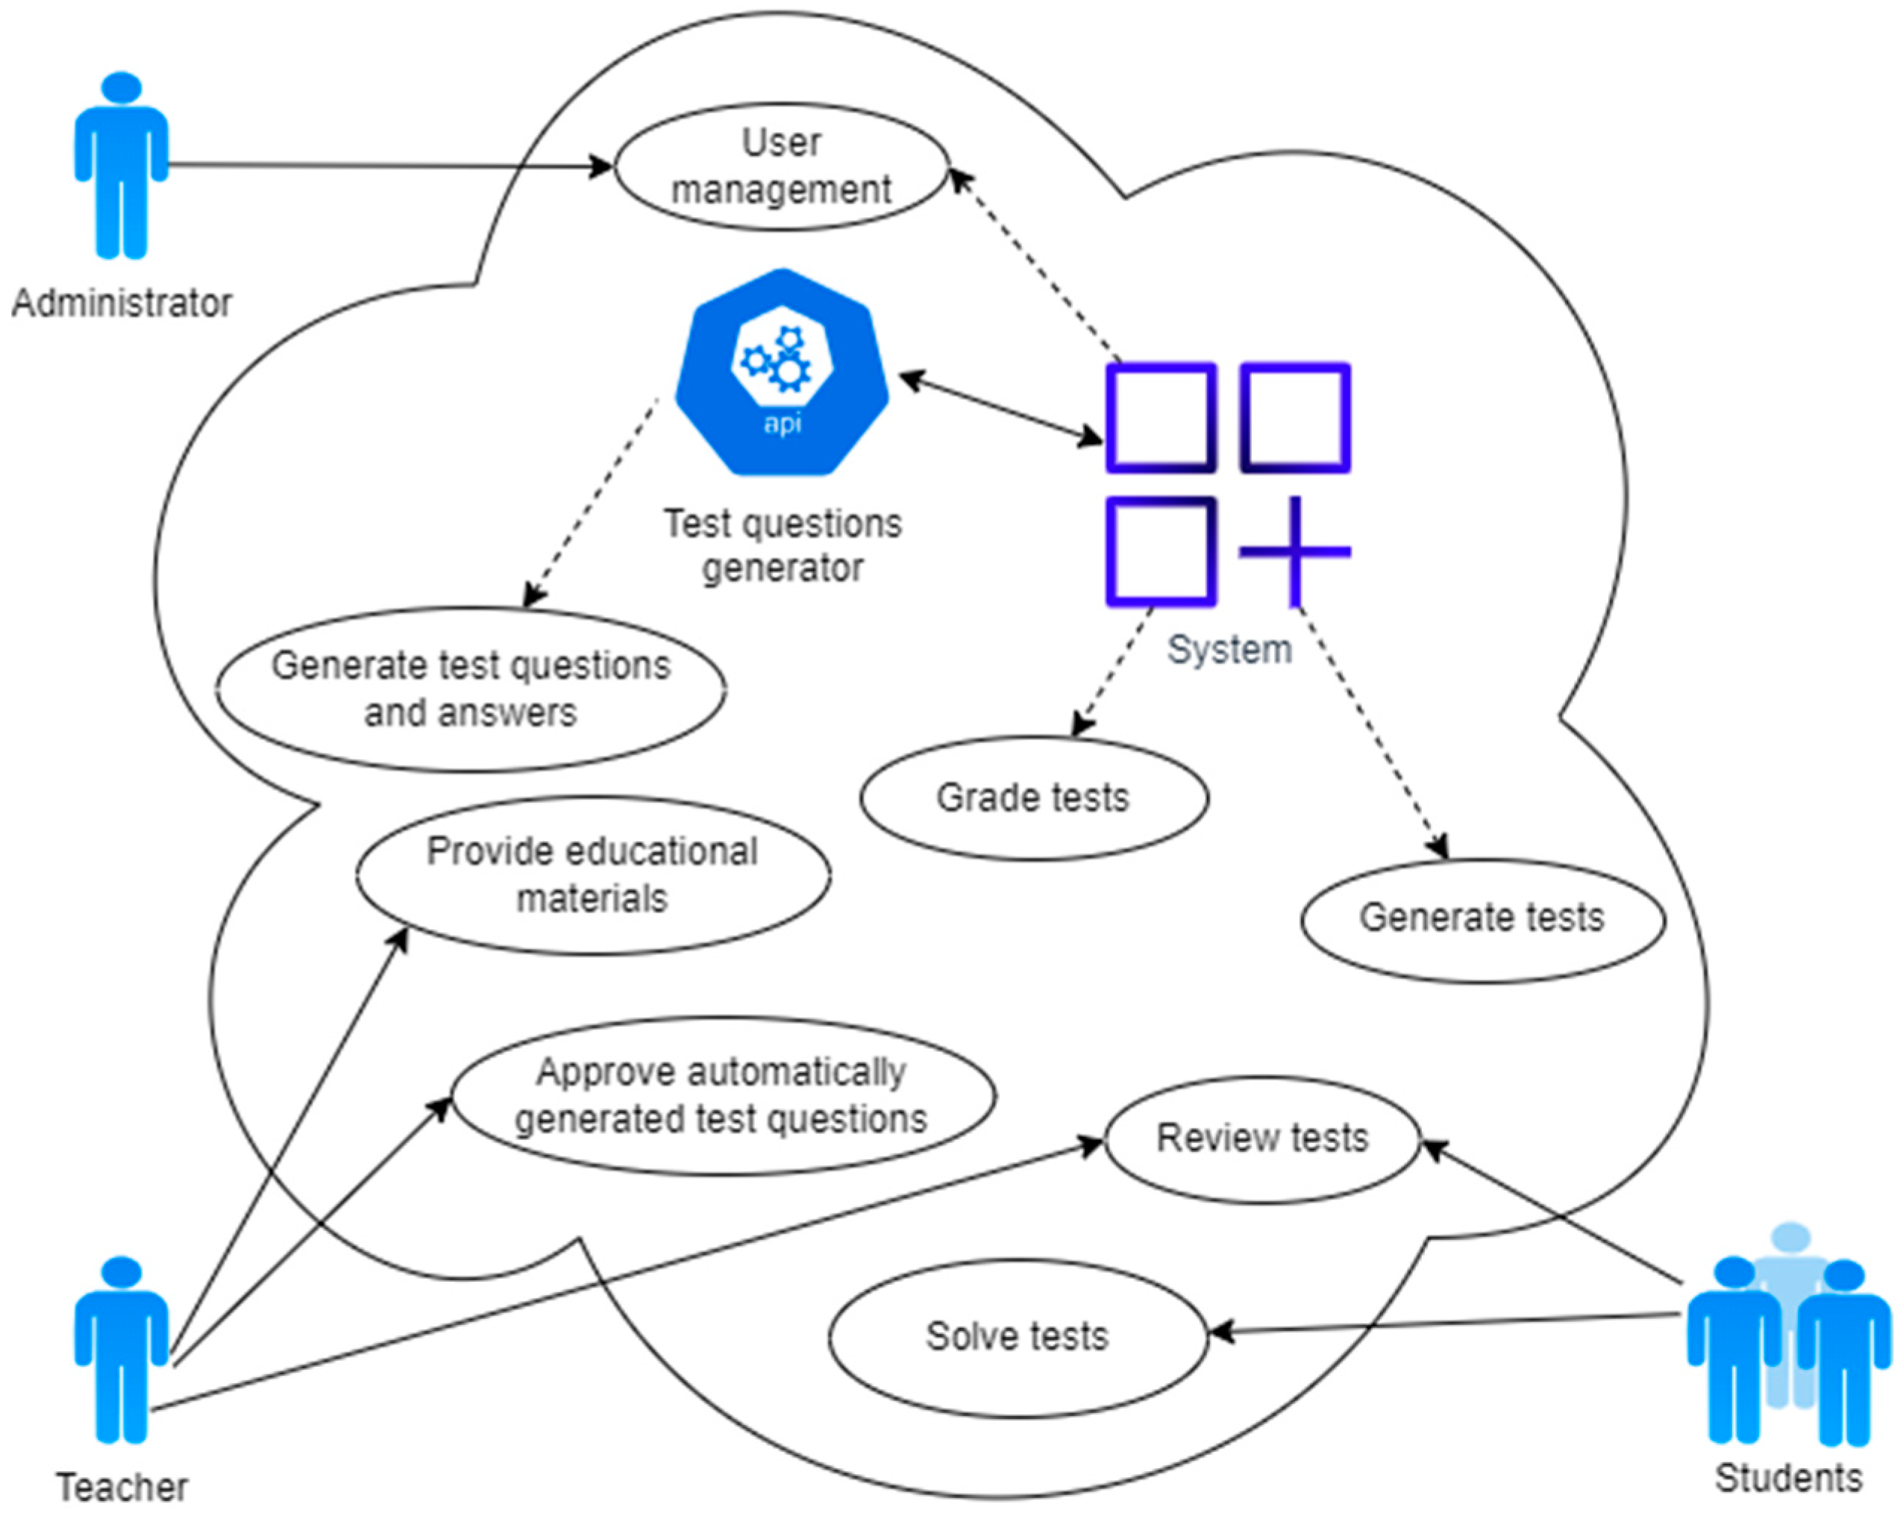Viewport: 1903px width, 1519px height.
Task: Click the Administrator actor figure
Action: (121, 168)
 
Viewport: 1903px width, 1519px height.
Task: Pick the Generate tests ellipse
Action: (1482, 918)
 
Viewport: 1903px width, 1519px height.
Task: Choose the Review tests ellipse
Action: (1262, 1139)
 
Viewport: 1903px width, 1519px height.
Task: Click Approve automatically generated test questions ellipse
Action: (722, 1095)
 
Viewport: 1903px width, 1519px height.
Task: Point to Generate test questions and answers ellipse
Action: (471, 689)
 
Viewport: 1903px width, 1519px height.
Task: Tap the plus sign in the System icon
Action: (1295, 551)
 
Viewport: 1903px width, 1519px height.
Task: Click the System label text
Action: (1229, 650)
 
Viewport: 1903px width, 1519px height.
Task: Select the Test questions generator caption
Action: (783, 545)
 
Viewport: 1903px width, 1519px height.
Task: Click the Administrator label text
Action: (121, 304)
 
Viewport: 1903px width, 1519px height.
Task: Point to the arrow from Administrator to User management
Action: (389, 165)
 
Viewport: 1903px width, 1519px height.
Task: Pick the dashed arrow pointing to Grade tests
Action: (1114, 671)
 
